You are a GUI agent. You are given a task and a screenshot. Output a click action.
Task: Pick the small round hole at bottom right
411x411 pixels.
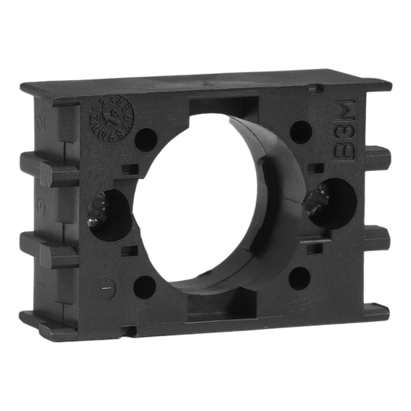point(299,277)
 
